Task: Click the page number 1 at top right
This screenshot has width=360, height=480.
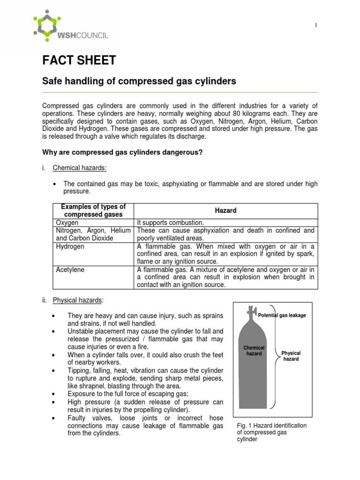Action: (315, 25)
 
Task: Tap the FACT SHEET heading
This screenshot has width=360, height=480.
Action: (79, 60)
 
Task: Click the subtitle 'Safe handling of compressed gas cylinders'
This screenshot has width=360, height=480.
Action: (139, 82)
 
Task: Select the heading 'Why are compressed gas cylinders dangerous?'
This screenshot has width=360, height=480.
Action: (122, 152)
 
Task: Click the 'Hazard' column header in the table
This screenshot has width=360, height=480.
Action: (225, 211)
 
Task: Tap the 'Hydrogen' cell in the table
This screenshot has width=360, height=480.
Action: (70, 247)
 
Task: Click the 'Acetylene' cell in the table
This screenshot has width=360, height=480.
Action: (70, 270)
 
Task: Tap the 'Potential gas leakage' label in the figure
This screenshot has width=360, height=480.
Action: (282, 315)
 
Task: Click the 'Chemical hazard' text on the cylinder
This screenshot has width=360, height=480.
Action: (254, 351)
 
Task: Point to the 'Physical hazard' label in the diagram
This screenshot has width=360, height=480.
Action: (291, 356)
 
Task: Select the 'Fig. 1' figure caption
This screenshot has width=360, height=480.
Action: (271, 432)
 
